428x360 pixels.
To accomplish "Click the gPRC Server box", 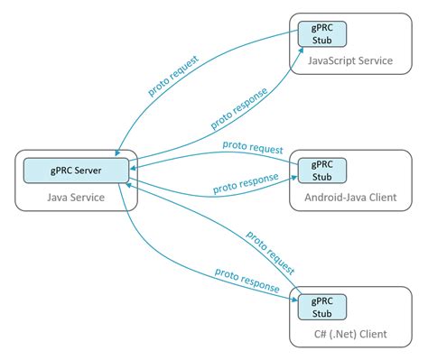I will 75,169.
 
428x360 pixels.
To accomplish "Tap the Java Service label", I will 75,196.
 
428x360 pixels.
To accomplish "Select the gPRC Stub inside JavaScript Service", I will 322,33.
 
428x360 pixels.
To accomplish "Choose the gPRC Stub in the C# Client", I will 322,306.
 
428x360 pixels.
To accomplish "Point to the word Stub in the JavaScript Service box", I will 322,41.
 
